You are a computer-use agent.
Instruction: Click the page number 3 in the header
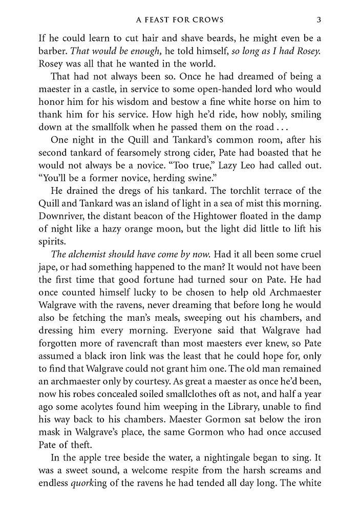pos(319,20)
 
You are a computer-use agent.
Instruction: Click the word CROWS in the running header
pos(207,20)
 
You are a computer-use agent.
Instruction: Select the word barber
pos(53,51)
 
